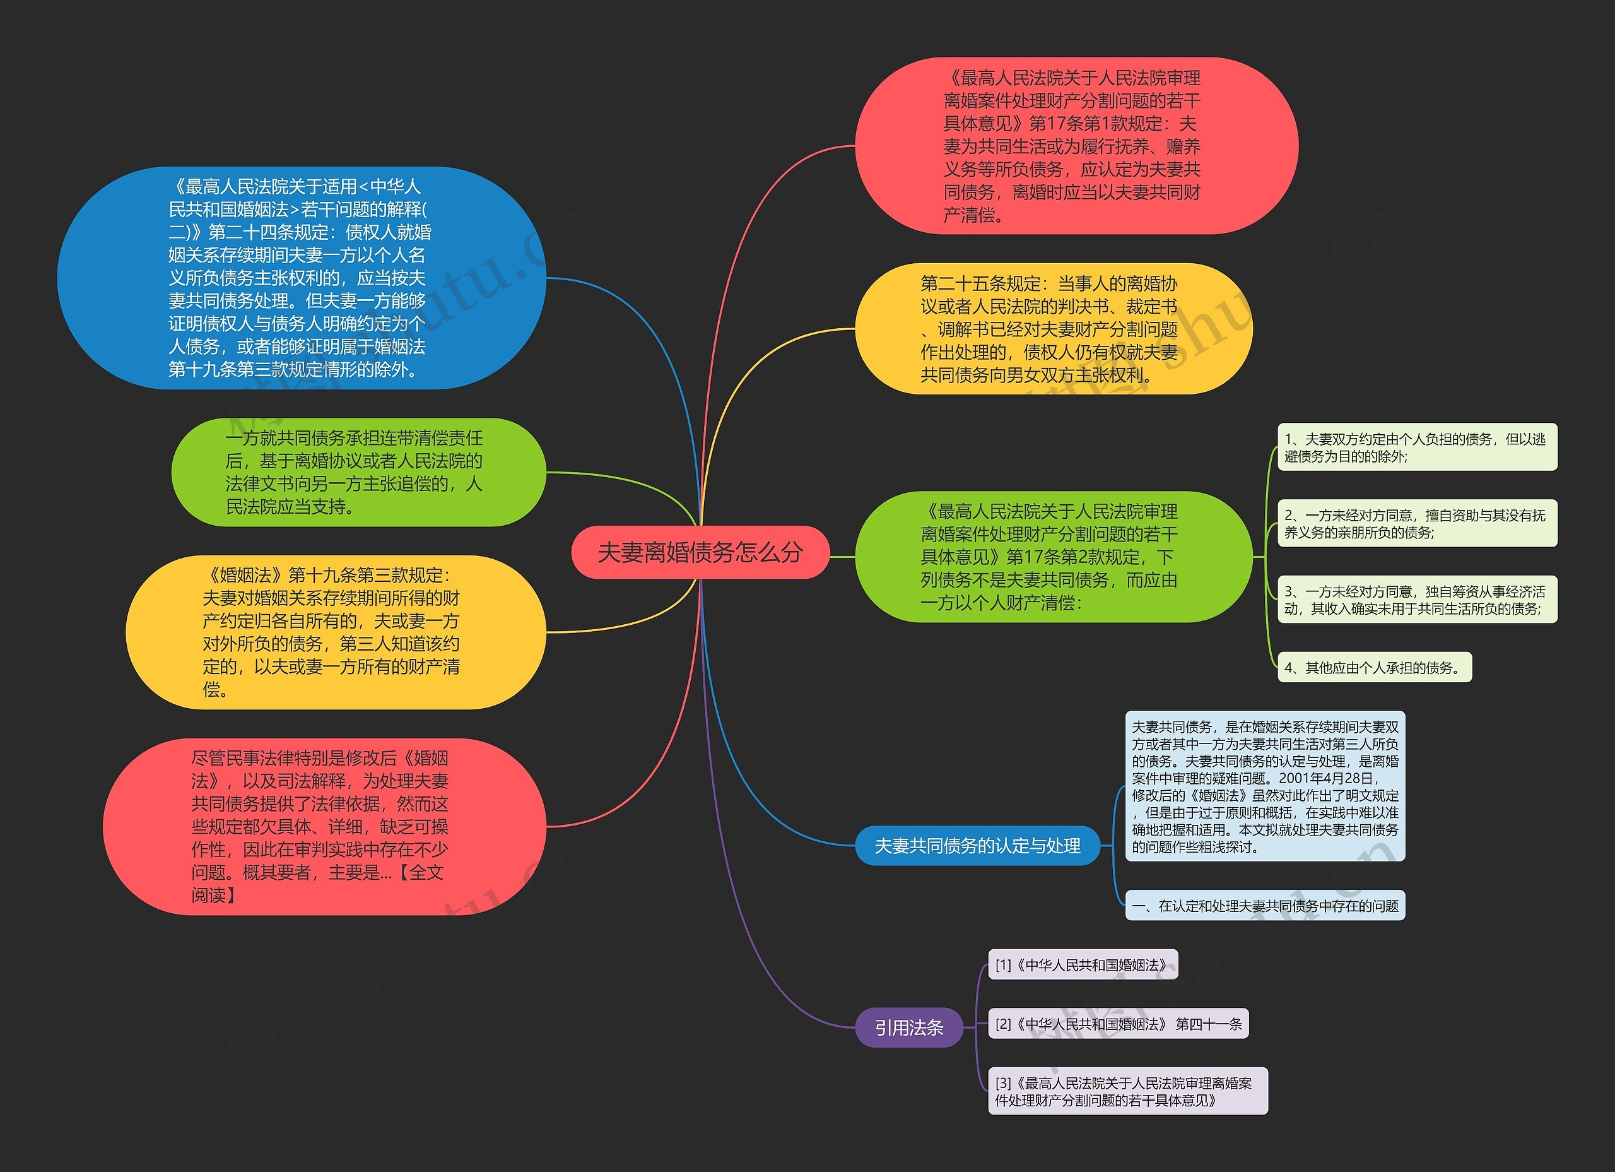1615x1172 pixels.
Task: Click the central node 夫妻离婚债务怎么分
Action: click(x=700, y=552)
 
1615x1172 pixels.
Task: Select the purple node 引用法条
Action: click(x=908, y=1027)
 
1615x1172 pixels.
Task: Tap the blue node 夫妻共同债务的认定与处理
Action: click(x=977, y=846)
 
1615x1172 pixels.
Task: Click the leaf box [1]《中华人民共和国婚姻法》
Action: click(x=1083, y=964)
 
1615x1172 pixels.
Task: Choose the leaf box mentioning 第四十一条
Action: click(x=1118, y=1024)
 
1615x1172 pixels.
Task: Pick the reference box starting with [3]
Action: click(x=1127, y=1091)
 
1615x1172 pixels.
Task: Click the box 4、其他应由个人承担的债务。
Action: click(x=1373, y=668)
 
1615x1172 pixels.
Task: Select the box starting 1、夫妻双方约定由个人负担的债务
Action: click(x=1417, y=447)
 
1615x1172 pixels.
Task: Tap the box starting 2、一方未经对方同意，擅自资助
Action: click(x=1417, y=524)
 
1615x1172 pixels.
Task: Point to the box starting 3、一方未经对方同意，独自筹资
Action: click(x=1417, y=600)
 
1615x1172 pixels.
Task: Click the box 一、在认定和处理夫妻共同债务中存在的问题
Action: click(x=1265, y=906)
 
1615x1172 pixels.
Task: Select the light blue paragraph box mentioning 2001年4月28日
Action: click(x=1265, y=786)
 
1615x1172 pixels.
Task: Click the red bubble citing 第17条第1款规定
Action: click(x=1075, y=146)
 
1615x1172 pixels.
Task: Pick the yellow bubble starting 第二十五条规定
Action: click(x=1052, y=329)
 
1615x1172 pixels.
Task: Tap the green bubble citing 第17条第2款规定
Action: click(x=1052, y=557)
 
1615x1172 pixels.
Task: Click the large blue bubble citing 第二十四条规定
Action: click(x=300, y=278)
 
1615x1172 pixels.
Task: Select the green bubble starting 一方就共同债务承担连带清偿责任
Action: click(x=358, y=472)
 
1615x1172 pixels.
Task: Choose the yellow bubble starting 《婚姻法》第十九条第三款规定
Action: click(x=335, y=632)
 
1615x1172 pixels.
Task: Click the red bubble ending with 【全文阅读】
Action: click(x=324, y=826)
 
